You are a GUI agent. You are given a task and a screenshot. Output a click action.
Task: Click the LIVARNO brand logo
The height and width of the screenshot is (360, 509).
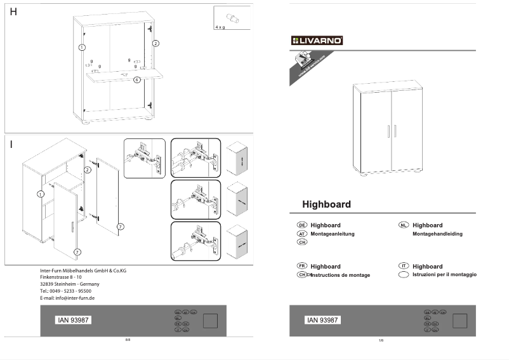317,41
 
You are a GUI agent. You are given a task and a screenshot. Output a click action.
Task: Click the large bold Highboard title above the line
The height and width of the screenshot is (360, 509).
326,204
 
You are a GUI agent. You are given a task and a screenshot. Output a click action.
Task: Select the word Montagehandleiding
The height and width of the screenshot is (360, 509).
437,234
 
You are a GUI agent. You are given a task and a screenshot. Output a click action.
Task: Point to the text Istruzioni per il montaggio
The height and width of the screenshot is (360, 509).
444,274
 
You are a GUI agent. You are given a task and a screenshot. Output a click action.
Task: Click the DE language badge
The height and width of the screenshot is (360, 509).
302,225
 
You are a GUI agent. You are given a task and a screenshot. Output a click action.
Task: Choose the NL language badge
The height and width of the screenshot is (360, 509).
403,225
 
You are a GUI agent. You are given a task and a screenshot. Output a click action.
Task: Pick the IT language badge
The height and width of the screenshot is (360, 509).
403,266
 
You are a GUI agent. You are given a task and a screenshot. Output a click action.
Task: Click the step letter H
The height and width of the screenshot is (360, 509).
13,12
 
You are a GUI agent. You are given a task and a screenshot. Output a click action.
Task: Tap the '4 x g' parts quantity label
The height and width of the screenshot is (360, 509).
220,28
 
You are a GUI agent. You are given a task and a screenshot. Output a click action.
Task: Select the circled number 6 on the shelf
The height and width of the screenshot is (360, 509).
136,80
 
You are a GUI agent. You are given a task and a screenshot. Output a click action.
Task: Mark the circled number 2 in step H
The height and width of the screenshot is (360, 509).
155,43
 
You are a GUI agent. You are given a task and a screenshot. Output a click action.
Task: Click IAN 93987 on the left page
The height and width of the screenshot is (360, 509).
73,320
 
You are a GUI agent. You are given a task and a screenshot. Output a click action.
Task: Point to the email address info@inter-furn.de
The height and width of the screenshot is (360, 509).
67,298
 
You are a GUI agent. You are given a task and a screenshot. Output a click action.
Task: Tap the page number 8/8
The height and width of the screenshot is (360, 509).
128,340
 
